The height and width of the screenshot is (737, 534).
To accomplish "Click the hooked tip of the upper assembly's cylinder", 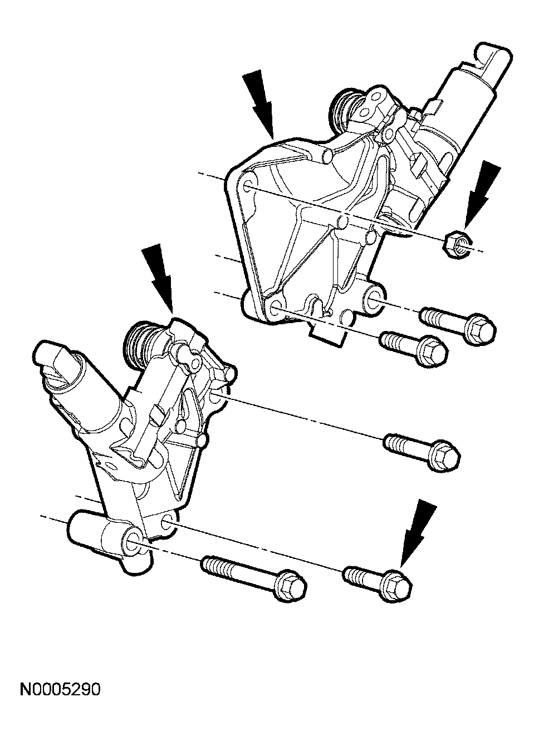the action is (x=492, y=60).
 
